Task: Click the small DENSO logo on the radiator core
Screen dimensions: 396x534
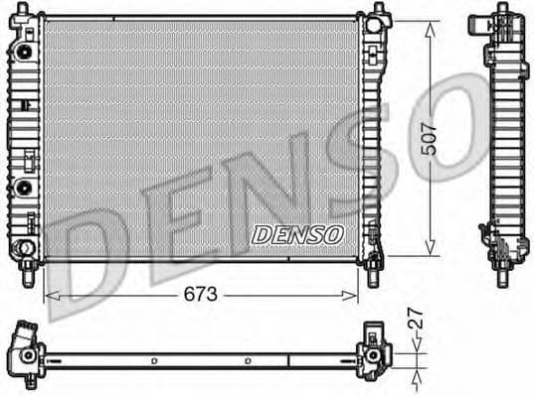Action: coord(296,234)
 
